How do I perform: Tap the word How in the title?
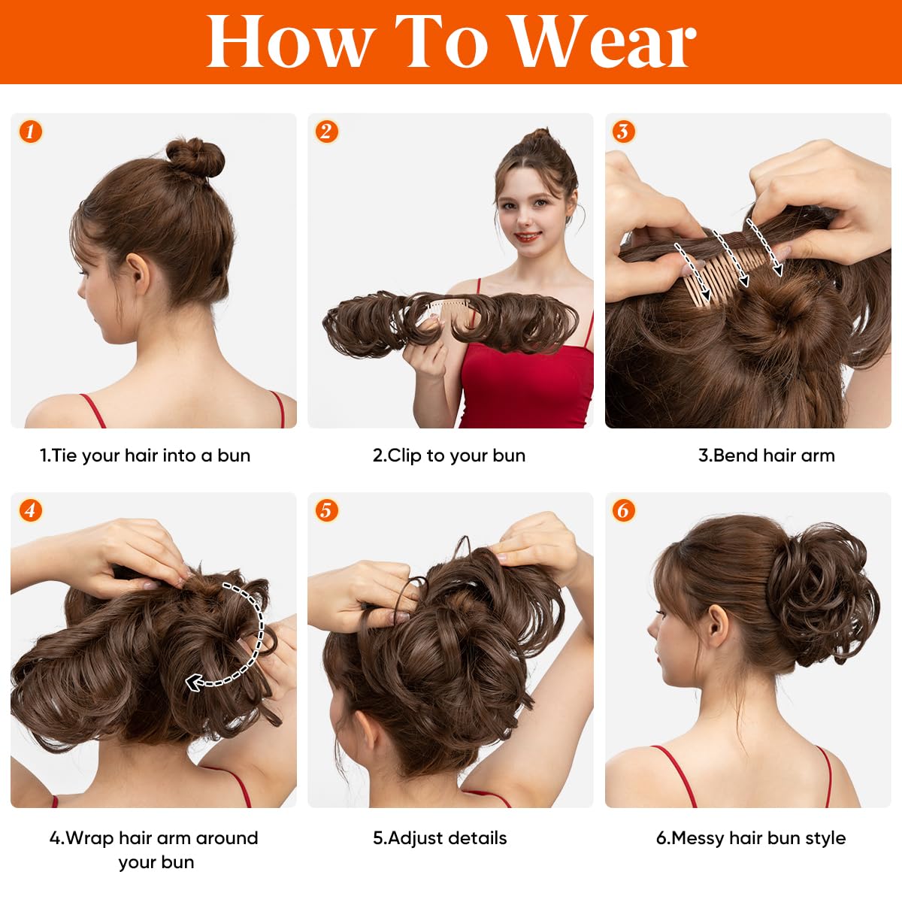[290, 42]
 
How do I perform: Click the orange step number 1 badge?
[30, 132]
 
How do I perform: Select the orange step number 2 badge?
[326, 132]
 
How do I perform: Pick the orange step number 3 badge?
[622, 132]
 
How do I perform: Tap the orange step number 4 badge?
[30, 511]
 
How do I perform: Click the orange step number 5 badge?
[326, 511]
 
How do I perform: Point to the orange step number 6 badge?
[622, 511]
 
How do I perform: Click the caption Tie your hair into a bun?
[145, 456]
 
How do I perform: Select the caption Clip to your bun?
[449, 456]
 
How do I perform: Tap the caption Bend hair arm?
[766, 456]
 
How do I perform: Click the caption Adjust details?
[440, 838]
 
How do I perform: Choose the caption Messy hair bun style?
[750, 838]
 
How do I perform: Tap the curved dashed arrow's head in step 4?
[195, 683]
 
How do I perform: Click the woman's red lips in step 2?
[527, 238]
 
